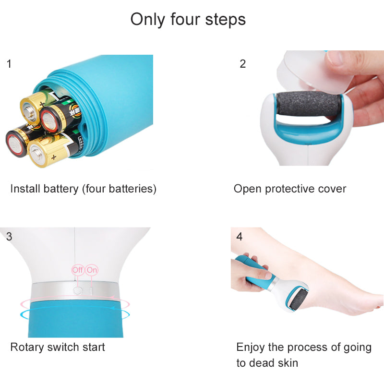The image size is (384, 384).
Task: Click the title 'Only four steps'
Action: coord(188,20)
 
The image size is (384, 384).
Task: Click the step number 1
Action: coord(9,63)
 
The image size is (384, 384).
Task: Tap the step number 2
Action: coord(243,63)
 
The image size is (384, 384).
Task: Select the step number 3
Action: coord(9,236)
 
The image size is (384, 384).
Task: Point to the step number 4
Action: coord(240,236)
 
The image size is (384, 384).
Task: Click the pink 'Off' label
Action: coord(78,270)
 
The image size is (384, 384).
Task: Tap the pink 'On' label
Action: coord(92,270)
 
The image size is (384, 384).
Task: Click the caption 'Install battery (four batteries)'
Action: coord(84,189)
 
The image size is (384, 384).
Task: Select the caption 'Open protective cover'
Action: coord(290,189)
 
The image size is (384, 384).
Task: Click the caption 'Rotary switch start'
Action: coord(58,347)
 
